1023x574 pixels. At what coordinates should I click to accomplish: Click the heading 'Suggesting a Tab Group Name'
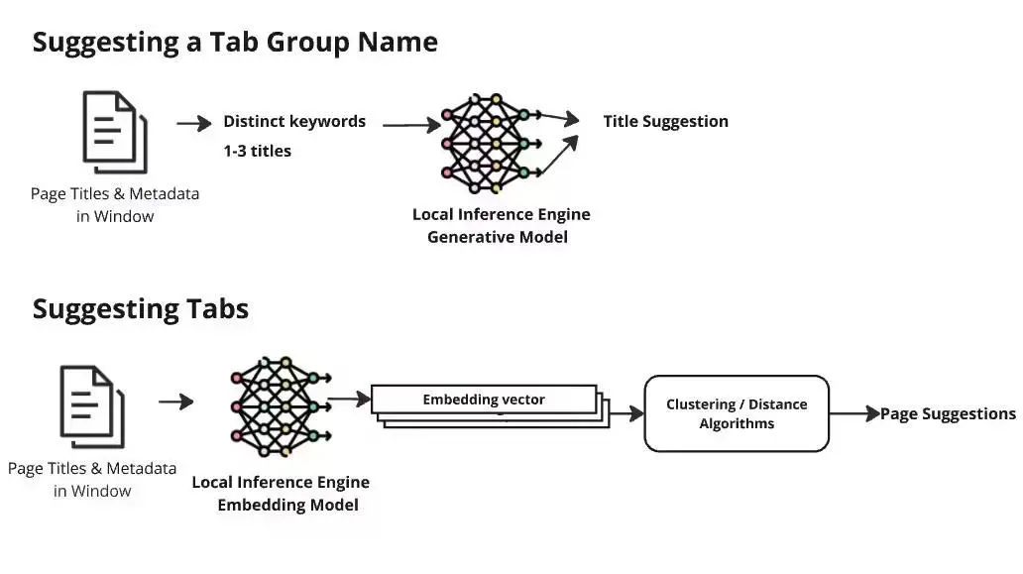click(x=235, y=42)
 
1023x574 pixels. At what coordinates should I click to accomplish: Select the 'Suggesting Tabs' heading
click(x=140, y=308)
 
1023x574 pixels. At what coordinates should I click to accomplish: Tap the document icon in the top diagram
click(x=114, y=132)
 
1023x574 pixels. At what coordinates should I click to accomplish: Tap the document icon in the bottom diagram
click(x=92, y=405)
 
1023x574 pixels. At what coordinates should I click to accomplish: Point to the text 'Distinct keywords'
click(x=294, y=122)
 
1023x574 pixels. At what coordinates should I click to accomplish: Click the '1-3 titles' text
click(x=257, y=151)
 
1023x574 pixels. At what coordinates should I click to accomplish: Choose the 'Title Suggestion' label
click(x=665, y=121)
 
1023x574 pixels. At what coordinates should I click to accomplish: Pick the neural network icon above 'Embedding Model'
click(x=277, y=407)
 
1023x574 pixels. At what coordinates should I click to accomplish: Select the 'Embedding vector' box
click(x=484, y=400)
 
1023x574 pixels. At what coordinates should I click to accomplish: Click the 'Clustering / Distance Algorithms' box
click(x=736, y=413)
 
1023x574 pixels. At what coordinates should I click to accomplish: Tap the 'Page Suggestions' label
click(x=948, y=413)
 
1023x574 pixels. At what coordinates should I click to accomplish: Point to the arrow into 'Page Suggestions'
click(x=853, y=413)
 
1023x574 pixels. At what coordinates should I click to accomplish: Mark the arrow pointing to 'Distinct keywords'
click(x=194, y=124)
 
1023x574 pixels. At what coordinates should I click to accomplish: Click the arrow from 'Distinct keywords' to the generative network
click(x=410, y=125)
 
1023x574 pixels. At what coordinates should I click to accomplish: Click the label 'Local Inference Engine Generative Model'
click(x=501, y=226)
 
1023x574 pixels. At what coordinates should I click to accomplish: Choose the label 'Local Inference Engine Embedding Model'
click(x=281, y=494)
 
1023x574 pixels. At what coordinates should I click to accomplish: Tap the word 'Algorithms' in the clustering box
click(x=737, y=423)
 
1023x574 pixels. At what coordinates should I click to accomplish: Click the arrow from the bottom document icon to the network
click(x=175, y=402)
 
